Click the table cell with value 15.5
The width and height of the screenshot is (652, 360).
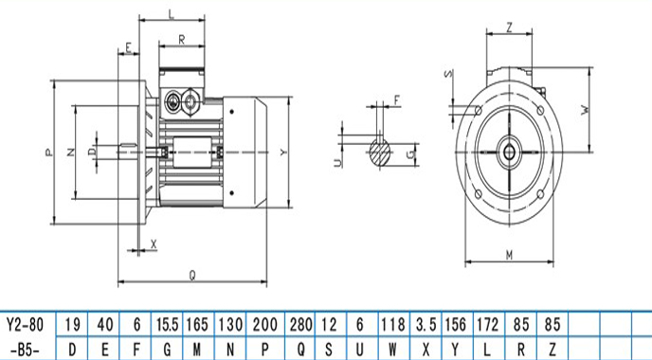(x=167, y=325)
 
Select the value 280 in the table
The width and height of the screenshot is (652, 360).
(x=300, y=325)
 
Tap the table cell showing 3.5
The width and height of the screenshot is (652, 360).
(x=426, y=325)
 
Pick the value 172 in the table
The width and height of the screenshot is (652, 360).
(x=487, y=325)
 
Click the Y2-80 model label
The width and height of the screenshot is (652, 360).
(x=26, y=325)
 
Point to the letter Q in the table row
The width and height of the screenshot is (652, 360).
(x=301, y=350)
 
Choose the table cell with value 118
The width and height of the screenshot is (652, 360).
(x=393, y=325)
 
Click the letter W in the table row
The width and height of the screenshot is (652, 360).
(x=392, y=350)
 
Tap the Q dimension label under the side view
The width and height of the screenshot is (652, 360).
(x=192, y=275)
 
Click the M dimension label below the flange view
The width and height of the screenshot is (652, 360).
(x=510, y=255)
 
